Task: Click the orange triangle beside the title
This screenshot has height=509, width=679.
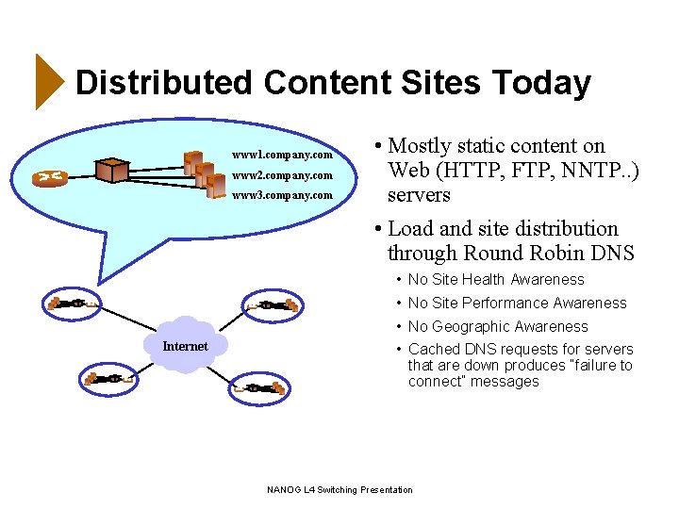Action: point(46,82)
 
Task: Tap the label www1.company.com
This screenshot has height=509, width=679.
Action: point(283,155)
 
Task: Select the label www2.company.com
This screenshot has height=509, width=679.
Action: point(283,175)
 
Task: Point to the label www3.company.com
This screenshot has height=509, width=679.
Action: point(283,196)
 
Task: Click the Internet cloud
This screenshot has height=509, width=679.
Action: point(185,345)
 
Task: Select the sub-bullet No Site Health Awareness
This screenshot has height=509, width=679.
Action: point(496,280)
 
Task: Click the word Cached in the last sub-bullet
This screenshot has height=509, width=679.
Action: point(432,350)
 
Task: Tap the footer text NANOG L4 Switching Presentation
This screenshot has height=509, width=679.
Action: point(339,490)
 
